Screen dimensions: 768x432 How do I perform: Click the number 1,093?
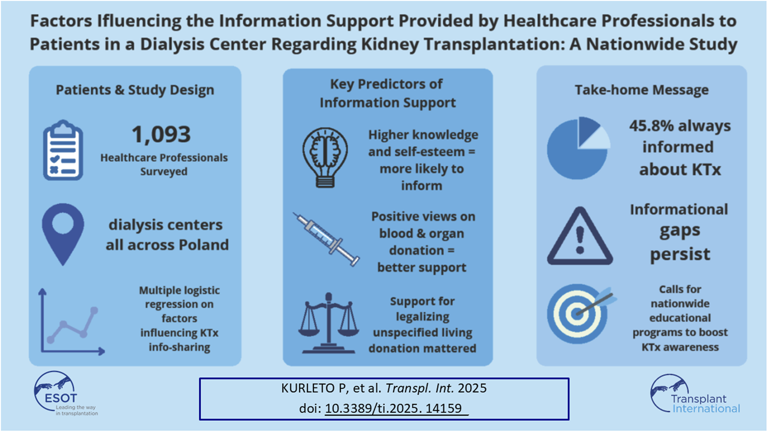[161, 134]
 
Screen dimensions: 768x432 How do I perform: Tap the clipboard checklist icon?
[63, 150]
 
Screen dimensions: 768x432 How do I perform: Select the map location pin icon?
[63, 234]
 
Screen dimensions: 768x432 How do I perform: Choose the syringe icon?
[326, 239]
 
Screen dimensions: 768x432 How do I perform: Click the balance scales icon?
[329, 323]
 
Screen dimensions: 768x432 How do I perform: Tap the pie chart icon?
[579, 148]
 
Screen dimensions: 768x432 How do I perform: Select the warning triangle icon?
[580, 236]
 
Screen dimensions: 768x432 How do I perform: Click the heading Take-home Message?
[641, 90]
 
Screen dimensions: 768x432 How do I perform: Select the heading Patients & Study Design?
[135, 90]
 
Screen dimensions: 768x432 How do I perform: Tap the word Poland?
[204, 245]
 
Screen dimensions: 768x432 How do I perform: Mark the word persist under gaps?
[680, 255]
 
